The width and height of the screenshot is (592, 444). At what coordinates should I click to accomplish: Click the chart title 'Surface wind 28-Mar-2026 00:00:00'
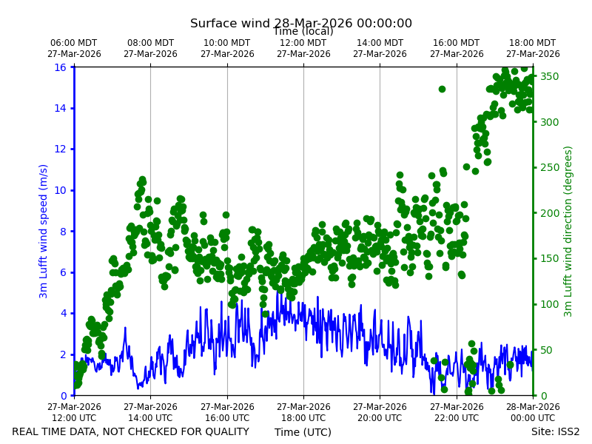pos(301,23)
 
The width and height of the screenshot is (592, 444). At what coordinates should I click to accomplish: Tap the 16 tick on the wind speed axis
pos(60,67)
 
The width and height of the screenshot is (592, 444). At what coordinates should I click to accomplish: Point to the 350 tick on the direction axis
pos(549,76)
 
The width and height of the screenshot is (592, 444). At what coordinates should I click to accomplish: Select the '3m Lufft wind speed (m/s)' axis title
pos(43,231)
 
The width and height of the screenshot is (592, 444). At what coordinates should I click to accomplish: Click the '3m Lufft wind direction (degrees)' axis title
pos(568,232)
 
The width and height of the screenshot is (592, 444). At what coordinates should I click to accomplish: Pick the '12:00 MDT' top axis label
pos(303,43)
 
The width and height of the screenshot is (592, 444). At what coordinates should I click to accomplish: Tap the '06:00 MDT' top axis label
pos(74,43)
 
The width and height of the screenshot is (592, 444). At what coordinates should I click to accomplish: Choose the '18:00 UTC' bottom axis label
pos(303,418)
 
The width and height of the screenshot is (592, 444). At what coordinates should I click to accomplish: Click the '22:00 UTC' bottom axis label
pos(457,418)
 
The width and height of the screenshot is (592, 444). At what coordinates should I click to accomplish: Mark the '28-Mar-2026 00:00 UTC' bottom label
pos(533,412)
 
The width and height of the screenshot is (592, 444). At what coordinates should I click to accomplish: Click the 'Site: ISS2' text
pos(555,431)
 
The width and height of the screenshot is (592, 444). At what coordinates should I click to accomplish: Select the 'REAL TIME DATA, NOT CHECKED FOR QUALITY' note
pos(131,431)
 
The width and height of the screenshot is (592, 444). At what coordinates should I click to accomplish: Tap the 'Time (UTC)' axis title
pos(303,432)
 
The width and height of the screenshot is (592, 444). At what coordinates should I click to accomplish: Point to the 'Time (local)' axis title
pos(303,31)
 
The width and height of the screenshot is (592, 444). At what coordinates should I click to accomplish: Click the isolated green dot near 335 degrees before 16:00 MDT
pos(442,89)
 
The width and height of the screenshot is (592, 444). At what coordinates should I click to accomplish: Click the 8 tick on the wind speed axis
pos(63,232)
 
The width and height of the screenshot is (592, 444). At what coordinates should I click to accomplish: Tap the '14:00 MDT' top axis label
pos(380,43)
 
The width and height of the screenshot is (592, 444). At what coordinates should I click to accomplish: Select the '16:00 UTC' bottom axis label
pos(227,418)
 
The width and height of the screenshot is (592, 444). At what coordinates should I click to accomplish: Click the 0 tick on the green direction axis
pos(544,396)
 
